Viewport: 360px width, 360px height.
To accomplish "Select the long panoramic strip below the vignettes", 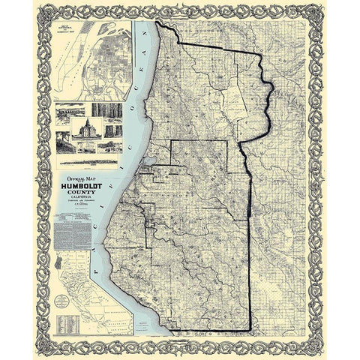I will pyautogui.click(x=85, y=160).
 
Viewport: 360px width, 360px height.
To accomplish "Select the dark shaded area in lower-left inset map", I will pyautogui.click(x=60, y=270).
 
